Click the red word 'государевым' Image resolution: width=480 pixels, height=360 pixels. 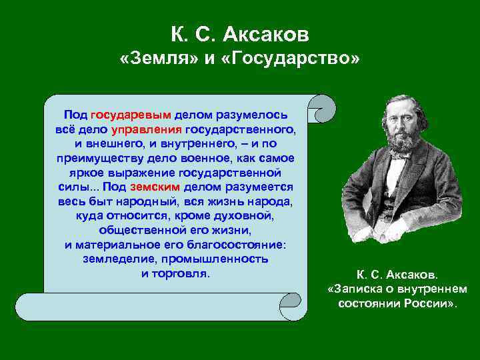(x=131, y=115)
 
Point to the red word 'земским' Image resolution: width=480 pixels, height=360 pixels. (x=155, y=187)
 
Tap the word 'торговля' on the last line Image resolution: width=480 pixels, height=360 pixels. (x=185, y=273)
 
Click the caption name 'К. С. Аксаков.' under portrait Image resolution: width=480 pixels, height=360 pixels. (x=397, y=275)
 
